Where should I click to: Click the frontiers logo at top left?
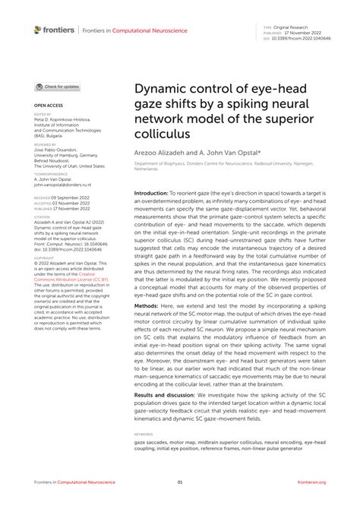coord(54,30)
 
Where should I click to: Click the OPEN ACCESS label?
coord(47,106)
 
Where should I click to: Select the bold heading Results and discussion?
coord(172,396)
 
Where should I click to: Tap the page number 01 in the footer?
coord(180,482)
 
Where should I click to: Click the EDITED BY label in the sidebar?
coord(43,115)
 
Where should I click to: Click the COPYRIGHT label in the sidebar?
coord(45,258)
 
